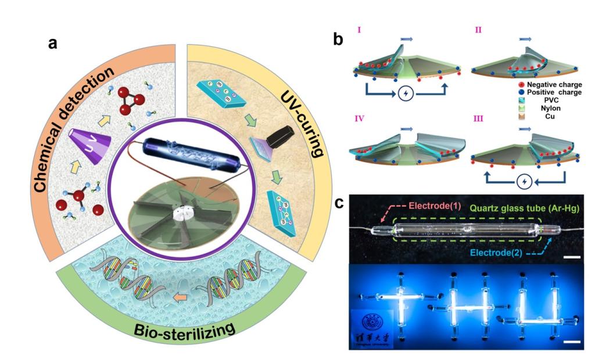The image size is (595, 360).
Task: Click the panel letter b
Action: click(x=338, y=39)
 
